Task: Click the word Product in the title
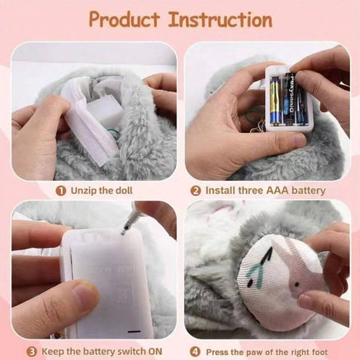tap(125, 20)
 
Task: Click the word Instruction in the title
tap(220, 20)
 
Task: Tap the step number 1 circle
tap(61, 191)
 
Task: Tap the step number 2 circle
tap(196, 191)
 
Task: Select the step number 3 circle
tap(31, 352)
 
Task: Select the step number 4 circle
tap(196, 352)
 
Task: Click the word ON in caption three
tap(155, 352)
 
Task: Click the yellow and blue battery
tap(276, 102)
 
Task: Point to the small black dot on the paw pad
tap(296, 285)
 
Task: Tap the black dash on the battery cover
tap(134, 331)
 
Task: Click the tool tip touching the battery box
tap(122, 234)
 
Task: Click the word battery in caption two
tap(309, 191)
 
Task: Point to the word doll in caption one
tap(123, 191)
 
